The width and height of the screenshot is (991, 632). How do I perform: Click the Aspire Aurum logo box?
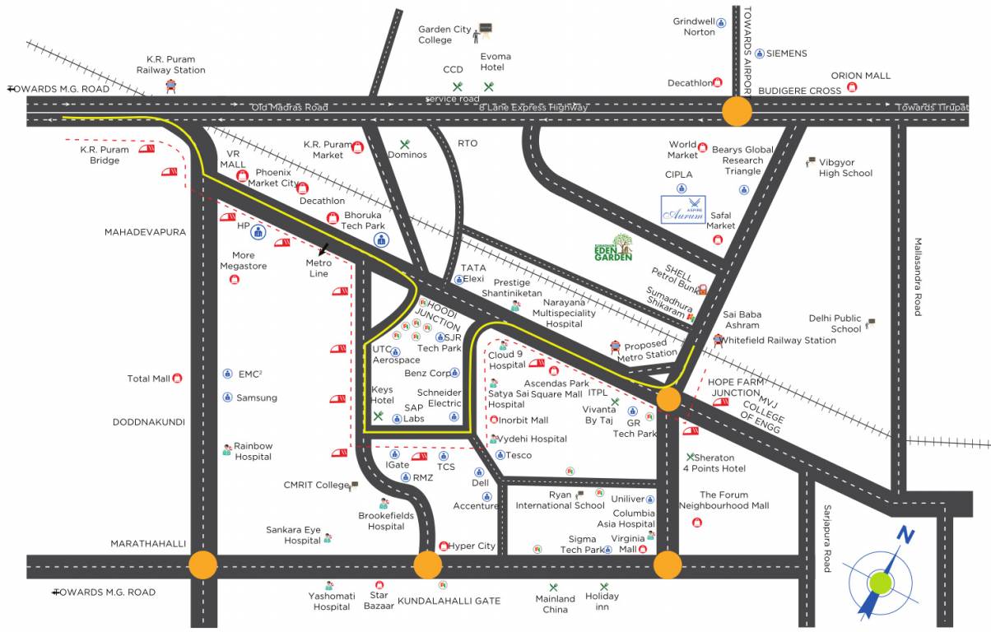683,209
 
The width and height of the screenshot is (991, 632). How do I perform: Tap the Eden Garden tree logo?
615,246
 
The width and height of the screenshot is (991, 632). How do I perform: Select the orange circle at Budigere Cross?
737,111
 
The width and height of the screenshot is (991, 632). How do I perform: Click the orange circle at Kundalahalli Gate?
427,565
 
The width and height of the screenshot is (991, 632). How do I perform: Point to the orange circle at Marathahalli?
202,565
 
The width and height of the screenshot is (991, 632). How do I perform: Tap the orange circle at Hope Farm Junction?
668,400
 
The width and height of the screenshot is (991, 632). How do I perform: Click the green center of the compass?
881,583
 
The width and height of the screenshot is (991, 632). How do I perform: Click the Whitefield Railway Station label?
778,341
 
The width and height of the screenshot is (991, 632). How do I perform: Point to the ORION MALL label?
860,76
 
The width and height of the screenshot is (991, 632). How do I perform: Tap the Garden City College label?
444,35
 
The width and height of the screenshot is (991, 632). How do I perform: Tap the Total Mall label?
149,379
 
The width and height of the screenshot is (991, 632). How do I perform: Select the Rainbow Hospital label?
253,451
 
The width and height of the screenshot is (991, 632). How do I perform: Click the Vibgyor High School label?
845,168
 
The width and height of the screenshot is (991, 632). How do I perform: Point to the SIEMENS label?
786,53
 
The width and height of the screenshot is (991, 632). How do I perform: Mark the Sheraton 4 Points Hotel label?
714,462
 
